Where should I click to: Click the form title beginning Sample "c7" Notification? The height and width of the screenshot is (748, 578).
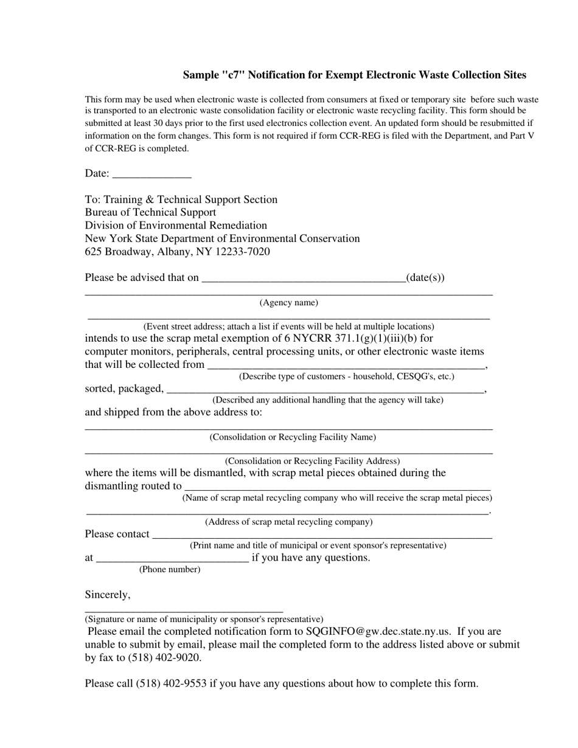[354, 75]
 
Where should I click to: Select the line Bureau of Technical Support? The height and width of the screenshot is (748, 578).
[150, 212]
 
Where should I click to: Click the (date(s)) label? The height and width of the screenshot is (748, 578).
[425, 278]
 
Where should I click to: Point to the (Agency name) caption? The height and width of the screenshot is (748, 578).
[288, 302]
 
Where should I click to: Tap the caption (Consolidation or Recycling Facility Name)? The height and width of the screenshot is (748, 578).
[293, 437]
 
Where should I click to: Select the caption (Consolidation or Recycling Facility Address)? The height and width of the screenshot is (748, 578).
[312, 461]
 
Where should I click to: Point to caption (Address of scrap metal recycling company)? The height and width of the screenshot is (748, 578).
[288, 522]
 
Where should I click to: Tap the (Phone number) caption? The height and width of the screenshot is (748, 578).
[170, 569]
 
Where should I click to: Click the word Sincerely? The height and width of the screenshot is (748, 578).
[108, 594]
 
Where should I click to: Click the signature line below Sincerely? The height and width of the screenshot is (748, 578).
[183, 610]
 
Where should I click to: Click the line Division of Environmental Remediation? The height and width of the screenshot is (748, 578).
[176, 226]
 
